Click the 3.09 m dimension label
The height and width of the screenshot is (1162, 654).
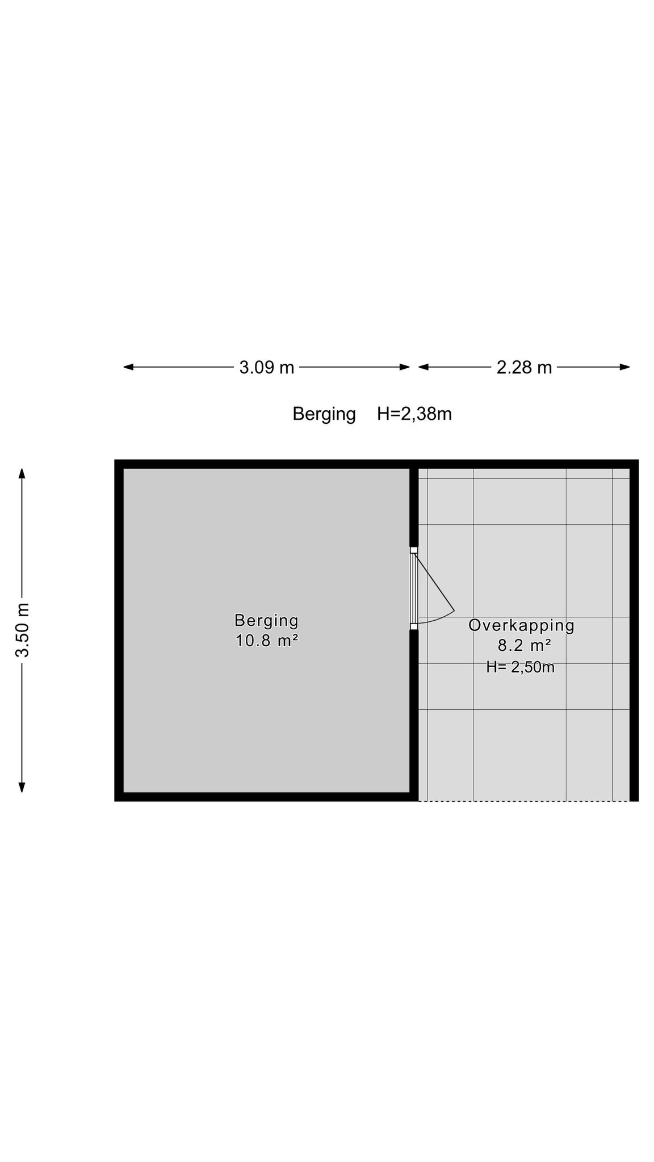267,368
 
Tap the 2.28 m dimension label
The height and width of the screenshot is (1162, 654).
524,368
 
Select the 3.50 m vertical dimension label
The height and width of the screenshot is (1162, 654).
22,630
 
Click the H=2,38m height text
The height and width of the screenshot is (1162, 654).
414,414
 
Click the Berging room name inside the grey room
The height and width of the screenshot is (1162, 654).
266,621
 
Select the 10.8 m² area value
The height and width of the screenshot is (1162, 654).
267,641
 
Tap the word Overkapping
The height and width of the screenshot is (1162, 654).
521,626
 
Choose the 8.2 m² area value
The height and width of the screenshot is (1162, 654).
524,646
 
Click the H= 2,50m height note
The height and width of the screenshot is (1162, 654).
520,667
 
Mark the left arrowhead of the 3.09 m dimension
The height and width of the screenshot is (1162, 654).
128,367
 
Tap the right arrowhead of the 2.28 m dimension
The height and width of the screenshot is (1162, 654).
625,367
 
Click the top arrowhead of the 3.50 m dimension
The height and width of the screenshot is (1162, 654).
22,474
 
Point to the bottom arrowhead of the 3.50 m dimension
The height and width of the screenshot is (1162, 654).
22,787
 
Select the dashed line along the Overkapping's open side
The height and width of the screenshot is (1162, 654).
524,801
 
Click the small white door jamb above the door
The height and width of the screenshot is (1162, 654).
414,550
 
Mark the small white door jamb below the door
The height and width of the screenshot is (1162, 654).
414,627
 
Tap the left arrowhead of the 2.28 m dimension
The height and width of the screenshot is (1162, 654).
424,367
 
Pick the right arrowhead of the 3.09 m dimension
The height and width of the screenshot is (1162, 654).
405,367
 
